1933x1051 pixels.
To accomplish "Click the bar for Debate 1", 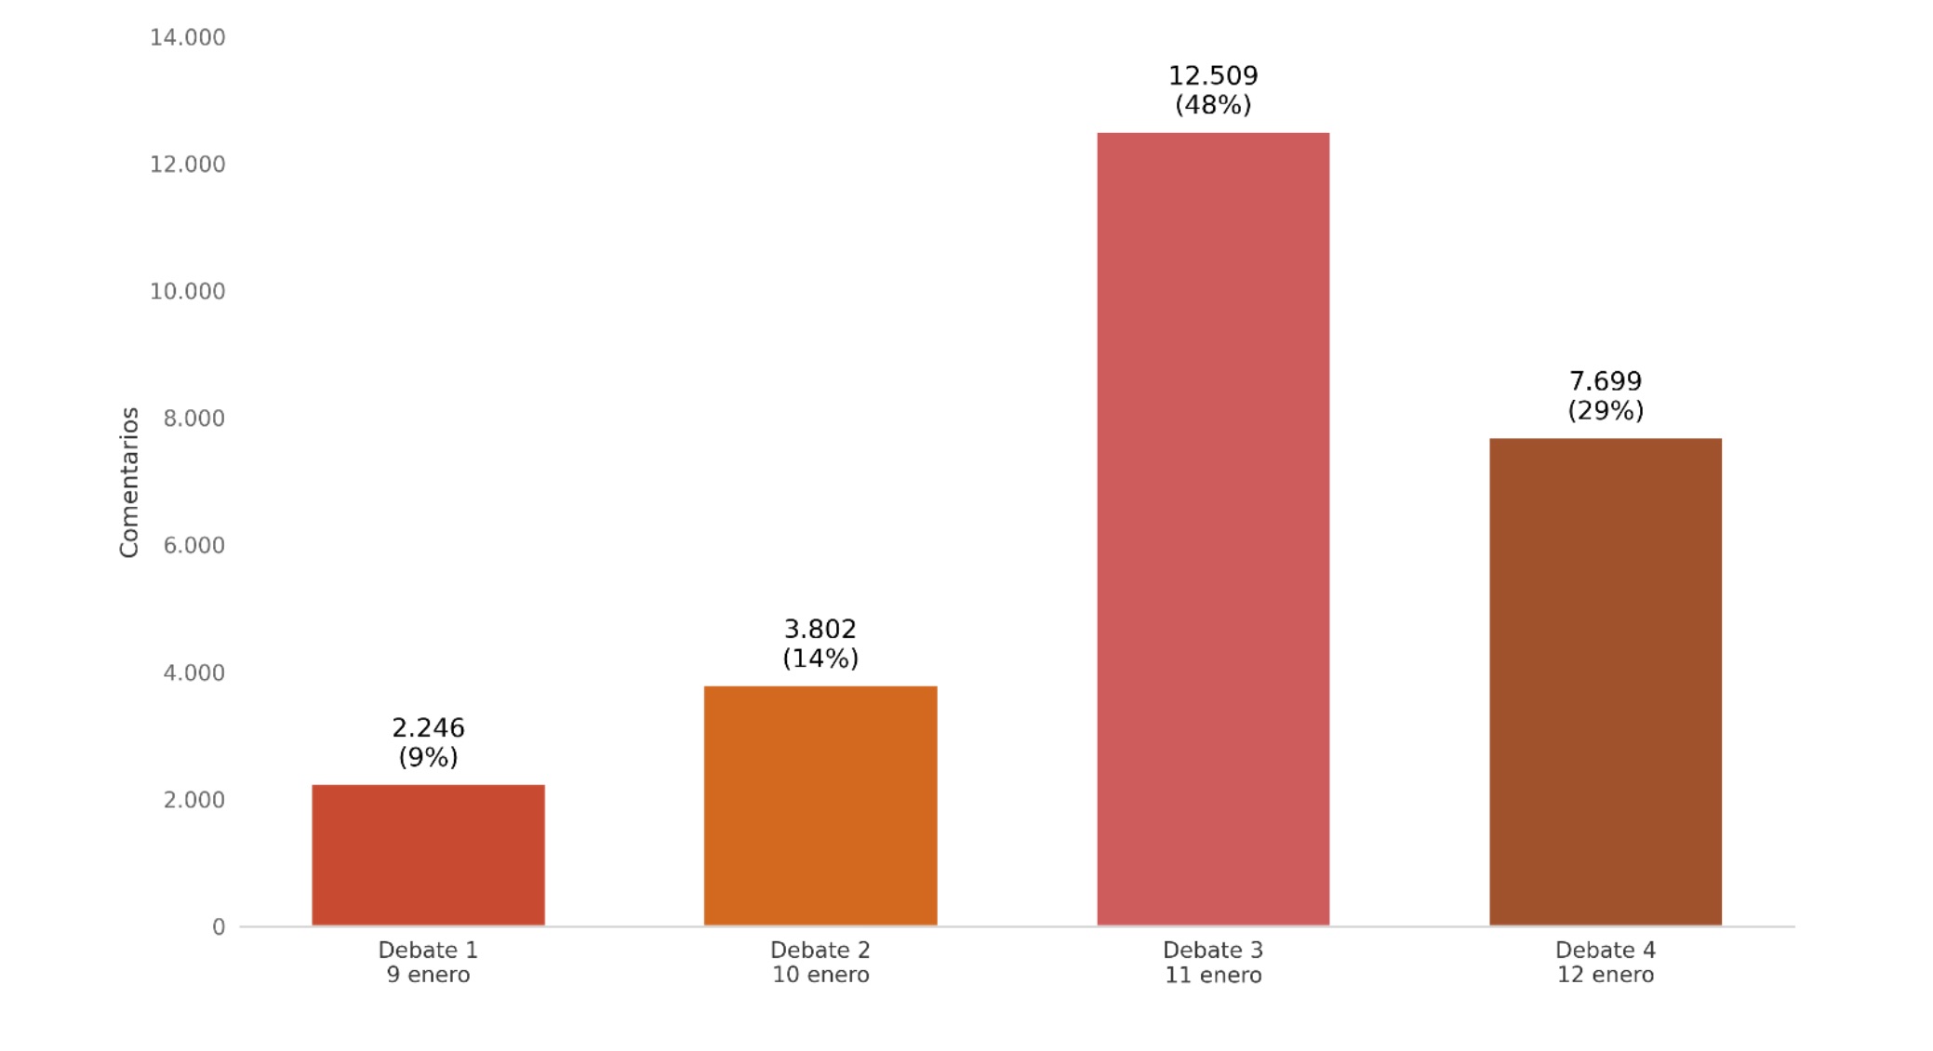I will (428, 855).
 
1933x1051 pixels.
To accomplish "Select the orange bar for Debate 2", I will (820, 805).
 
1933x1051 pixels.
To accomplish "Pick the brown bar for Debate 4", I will (1605, 681).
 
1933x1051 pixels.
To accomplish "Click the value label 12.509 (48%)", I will (1212, 90).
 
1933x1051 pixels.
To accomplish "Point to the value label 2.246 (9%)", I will (428, 742).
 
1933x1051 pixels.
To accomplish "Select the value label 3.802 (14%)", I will (820, 644).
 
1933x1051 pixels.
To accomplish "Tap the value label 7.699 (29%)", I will (1605, 395).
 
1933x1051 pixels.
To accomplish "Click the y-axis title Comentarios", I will (129, 482).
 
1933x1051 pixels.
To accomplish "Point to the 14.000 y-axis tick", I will (187, 38).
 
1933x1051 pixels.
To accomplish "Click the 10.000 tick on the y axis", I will (187, 292).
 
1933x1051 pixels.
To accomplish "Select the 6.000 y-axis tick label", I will (193, 546).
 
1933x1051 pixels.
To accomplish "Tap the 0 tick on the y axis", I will (219, 927).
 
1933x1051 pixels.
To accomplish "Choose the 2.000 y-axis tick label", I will (193, 800).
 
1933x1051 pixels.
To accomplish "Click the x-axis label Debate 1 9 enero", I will (428, 963).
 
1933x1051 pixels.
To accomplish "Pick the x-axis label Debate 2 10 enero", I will (820, 963).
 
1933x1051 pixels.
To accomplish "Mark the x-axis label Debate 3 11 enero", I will (1212, 963).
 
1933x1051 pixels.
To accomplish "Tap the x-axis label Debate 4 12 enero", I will (1605, 963).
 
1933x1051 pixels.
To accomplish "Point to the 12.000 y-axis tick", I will (187, 165).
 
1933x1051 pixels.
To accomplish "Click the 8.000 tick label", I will (193, 419).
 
